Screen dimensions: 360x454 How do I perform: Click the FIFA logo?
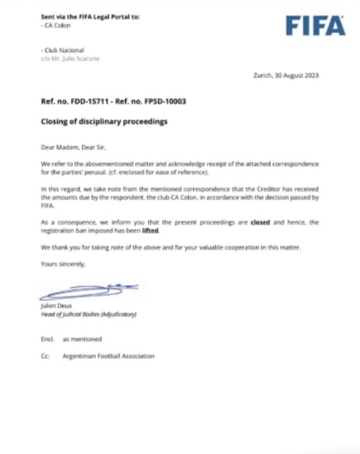(315, 26)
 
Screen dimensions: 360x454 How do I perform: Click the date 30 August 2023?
(297, 75)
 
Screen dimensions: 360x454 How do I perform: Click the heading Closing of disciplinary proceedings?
(104, 122)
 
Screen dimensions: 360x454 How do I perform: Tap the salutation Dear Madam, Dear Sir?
(73, 147)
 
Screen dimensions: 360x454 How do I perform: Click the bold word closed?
(260, 222)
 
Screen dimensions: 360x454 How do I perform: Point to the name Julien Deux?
(56, 306)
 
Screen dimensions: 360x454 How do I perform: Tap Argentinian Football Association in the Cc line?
(108, 356)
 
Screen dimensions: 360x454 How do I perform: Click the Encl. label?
(47, 339)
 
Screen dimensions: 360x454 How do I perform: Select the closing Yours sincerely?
(63, 264)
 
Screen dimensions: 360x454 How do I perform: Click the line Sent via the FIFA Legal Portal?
(90, 17)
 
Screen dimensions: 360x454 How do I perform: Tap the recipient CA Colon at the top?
(57, 26)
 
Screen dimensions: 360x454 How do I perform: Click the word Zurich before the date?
(262, 75)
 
